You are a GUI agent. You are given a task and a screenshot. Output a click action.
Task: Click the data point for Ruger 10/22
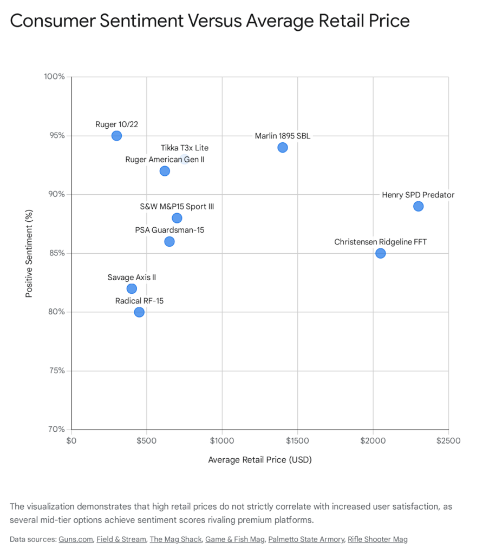116,136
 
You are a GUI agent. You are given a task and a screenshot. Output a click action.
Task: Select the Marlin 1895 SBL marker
282,148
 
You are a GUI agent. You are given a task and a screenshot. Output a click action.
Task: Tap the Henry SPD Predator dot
418,206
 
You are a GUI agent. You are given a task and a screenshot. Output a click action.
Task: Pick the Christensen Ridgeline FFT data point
380,253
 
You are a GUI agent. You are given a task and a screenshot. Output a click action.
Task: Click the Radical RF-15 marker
139,312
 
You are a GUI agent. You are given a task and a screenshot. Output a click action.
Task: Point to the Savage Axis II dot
132,289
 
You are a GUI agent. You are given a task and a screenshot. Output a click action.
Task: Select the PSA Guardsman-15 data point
169,241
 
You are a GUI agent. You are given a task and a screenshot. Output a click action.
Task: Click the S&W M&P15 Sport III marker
177,218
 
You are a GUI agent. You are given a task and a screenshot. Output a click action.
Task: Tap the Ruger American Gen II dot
165,171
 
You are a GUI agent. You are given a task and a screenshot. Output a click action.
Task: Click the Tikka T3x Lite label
184,148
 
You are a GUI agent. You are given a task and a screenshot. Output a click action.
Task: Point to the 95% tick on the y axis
54,136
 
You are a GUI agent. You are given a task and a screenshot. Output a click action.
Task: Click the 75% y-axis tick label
54,371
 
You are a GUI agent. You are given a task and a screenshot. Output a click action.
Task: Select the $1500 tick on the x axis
297,441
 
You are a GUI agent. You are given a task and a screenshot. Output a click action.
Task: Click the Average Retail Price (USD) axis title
260,460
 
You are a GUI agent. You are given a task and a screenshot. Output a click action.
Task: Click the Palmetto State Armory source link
306,539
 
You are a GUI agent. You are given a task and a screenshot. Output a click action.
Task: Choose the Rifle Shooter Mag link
378,539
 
